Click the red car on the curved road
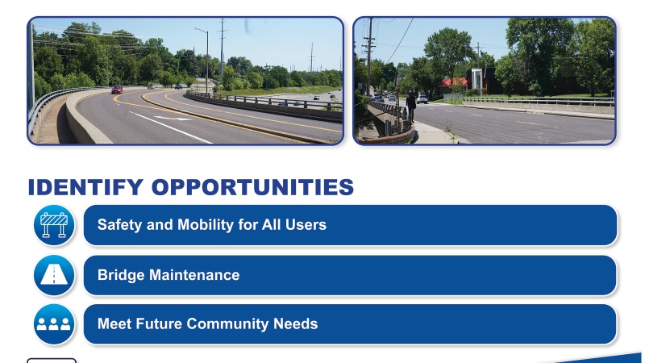click(x=117, y=90)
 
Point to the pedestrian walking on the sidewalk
click(x=411, y=104)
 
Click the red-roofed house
click(x=454, y=84)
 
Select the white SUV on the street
click(x=422, y=99)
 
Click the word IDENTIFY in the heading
click(x=85, y=188)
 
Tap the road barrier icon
click(x=54, y=225)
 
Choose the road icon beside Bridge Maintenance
click(x=54, y=275)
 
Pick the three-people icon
click(x=54, y=324)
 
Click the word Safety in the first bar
click(x=119, y=225)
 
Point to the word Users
click(x=306, y=225)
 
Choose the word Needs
click(x=296, y=324)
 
